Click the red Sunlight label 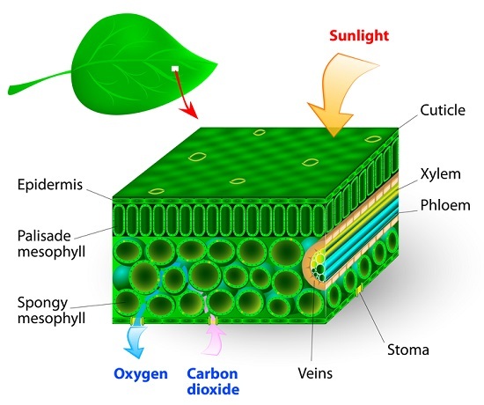pos(359,35)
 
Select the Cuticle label pos(443,110)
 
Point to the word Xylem pos(441,174)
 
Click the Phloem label pos(445,205)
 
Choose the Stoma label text pos(408,350)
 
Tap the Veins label pos(315,373)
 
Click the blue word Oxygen pos(141,374)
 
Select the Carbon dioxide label pos(213,381)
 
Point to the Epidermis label pos(50,185)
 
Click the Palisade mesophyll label pos(51,244)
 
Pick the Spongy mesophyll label pos(51,310)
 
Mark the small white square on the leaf pos(175,69)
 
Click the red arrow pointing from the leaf pos(186,94)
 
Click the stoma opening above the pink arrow pos(212,320)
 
